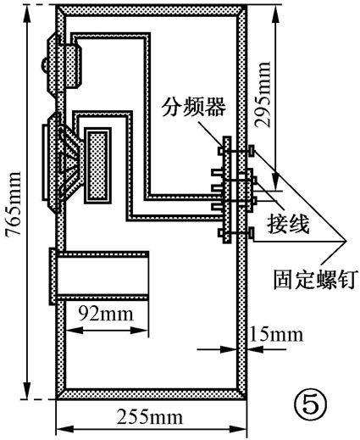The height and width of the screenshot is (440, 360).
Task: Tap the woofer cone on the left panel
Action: pyautogui.click(x=66, y=160)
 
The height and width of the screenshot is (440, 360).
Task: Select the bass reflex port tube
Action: pyautogui.click(x=100, y=277)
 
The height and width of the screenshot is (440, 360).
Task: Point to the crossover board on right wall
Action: pyautogui.click(x=225, y=192)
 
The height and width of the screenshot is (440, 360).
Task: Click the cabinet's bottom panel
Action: pyautogui.click(x=151, y=394)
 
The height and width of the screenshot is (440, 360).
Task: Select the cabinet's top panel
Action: pyautogui.click(x=151, y=12)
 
